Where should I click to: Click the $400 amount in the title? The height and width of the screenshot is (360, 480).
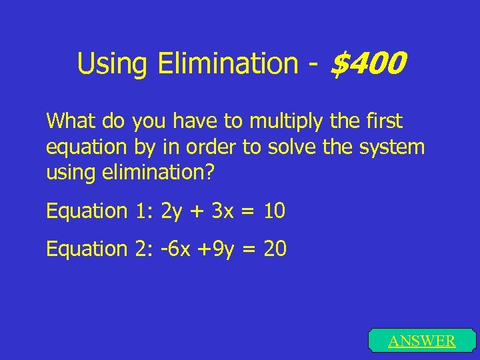click(368, 64)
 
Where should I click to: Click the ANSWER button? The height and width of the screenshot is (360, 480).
click(421, 341)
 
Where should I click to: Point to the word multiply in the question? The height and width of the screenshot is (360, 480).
click(281, 121)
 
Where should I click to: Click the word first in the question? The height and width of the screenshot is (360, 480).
click(384, 121)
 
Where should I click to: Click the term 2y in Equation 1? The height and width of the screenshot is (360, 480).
click(171, 211)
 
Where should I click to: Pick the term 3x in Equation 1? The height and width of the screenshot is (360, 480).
click(224, 211)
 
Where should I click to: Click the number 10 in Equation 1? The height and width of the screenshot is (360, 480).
click(274, 211)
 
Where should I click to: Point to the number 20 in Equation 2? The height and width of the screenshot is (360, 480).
click(275, 249)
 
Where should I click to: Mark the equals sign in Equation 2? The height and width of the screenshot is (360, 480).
click(249, 250)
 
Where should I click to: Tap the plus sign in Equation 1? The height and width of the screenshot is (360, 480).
click(198, 212)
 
